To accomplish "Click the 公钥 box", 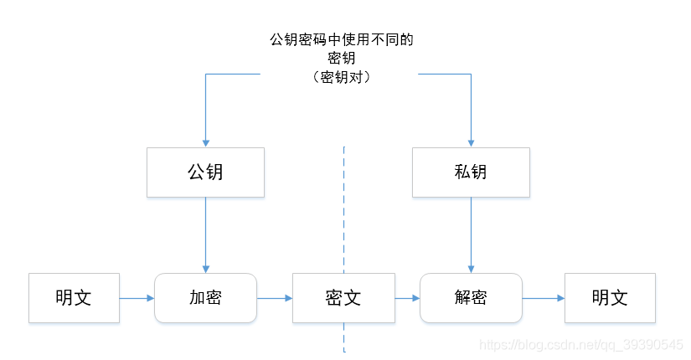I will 205,172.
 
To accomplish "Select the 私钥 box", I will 471,172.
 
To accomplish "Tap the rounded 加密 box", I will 205,298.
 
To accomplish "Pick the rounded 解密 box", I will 471,298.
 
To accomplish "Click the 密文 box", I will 343,298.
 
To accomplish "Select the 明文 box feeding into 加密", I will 74,298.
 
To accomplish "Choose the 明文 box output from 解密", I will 610,298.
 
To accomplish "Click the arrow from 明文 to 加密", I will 137,298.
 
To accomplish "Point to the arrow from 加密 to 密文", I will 274,298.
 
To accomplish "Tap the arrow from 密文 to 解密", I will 406,298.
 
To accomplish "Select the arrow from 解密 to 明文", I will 543,298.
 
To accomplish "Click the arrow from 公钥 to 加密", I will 205,234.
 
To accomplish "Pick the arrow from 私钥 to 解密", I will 471,234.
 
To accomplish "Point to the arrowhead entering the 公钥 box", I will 205,143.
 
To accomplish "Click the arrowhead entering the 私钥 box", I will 471,143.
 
